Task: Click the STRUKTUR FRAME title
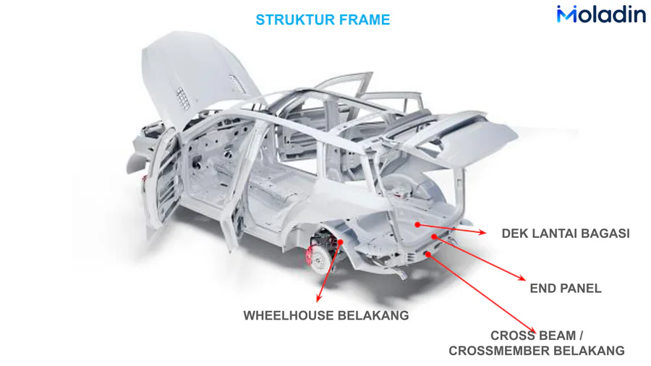pos(323,20)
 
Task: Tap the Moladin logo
pos(600,14)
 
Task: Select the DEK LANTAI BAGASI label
pos(566,234)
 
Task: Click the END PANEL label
pos(566,288)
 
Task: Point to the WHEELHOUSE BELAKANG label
pos(326,315)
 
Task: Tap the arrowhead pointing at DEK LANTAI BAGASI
pos(483,232)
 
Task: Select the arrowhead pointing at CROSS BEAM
pos(534,330)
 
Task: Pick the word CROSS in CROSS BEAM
pos(513,336)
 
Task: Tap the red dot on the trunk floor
pos(418,225)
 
